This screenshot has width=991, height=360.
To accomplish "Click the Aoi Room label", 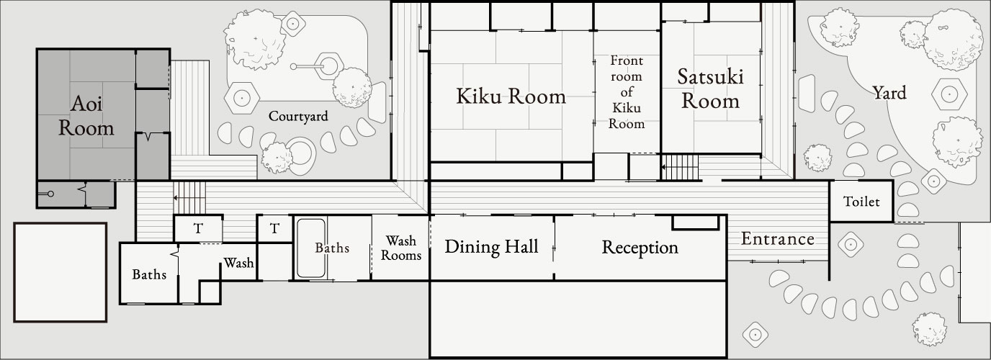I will pyautogui.click(x=86, y=117).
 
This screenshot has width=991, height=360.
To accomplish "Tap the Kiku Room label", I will pyautogui.click(x=511, y=96).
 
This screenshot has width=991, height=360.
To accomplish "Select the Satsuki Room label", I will pyautogui.click(x=710, y=89).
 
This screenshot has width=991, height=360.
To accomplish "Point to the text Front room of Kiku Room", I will pyautogui.click(x=626, y=91).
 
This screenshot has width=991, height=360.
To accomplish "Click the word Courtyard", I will pyautogui.click(x=298, y=116).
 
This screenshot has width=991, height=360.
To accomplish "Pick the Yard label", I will pyautogui.click(x=889, y=93).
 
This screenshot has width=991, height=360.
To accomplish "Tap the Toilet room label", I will pyautogui.click(x=861, y=202).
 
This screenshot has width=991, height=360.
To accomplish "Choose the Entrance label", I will pyautogui.click(x=778, y=239).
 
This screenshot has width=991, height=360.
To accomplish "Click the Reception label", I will pyautogui.click(x=640, y=248).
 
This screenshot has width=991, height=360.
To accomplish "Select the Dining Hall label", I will pyautogui.click(x=491, y=248).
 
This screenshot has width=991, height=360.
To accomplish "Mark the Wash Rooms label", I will pyautogui.click(x=401, y=248).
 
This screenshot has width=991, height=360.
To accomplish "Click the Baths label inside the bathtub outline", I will pyautogui.click(x=332, y=248).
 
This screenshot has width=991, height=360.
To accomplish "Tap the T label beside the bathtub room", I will pyautogui.click(x=274, y=229).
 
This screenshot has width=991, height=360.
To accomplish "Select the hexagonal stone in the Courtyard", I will pyautogui.click(x=242, y=94).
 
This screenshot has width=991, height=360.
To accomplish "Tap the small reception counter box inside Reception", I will pyautogui.click(x=695, y=222).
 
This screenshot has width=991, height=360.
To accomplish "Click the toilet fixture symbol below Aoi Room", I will pyautogui.click(x=50, y=194).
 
